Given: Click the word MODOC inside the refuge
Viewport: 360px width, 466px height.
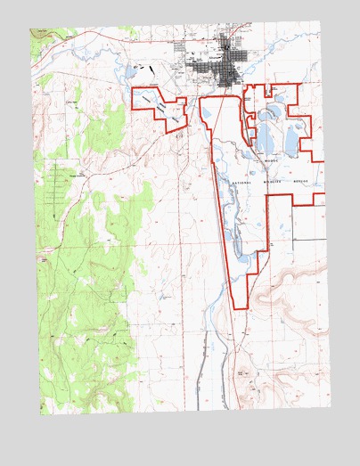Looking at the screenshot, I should click(271, 161).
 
